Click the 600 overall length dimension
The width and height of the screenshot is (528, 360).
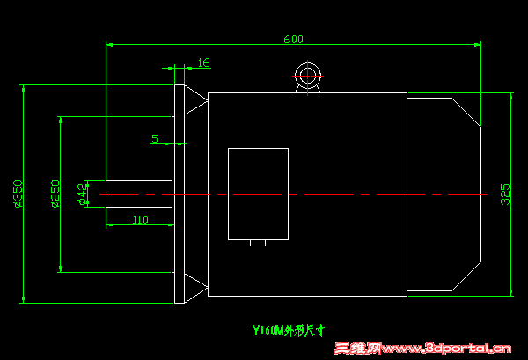[x=293, y=39]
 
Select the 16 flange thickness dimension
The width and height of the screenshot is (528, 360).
[x=203, y=62]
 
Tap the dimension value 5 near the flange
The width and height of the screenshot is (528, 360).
[x=155, y=138]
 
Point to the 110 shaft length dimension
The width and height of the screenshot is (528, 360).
[x=140, y=219]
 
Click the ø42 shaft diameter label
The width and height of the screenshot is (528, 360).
[x=83, y=194]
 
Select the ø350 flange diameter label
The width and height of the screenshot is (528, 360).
[x=18, y=194]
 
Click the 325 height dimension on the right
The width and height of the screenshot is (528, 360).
[x=505, y=194]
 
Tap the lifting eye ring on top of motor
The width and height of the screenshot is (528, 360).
[x=308, y=76]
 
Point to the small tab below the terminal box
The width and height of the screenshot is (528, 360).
[x=258, y=243]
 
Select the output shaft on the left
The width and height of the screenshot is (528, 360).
[x=138, y=194]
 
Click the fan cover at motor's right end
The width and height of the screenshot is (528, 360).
[x=443, y=194]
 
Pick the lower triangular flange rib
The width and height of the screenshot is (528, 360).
[x=194, y=287]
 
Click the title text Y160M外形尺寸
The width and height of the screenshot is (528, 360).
[x=289, y=331]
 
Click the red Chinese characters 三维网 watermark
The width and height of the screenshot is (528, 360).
[x=357, y=349]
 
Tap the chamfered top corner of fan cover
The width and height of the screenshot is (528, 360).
[x=466, y=112]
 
